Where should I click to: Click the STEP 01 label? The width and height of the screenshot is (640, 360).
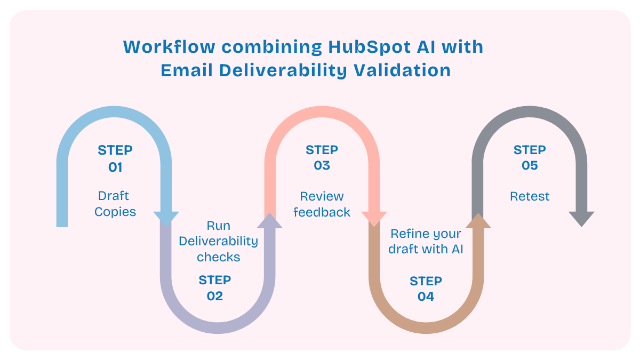[x=115, y=158]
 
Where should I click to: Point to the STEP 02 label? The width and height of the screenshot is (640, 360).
[x=215, y=288]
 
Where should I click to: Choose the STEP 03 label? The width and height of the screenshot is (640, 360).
[x=322, y=158]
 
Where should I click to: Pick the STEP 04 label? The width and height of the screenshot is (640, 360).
[x=426, y=289]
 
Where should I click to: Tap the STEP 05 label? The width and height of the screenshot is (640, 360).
[x=530, y=158]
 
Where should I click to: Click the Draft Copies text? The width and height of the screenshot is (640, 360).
[x=115, y=204]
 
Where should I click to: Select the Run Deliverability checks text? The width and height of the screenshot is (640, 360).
[x=218, y=241]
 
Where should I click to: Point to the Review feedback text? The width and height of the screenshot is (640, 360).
[x=322, y=204]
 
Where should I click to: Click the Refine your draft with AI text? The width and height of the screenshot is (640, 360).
[x=425, y=242]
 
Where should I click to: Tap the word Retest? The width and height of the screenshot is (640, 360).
[x=530, y=196]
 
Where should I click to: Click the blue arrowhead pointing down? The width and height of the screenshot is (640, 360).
[x=166, y=218]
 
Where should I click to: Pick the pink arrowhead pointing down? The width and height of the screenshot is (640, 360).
[x=374, y=218]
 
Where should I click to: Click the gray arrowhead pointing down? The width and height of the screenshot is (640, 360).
[x=581, y=219]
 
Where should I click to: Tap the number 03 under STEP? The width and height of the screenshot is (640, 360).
[x=322, y=165]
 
